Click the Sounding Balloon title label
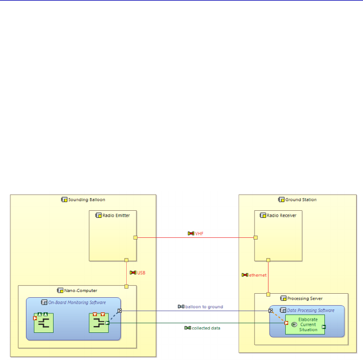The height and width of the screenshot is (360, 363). (x=86, y=200)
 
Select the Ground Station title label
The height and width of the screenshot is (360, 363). (x=300, y=200)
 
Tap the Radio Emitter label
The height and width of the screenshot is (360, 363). (x=115, y=215)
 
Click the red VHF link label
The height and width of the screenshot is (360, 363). (x=199, y=233)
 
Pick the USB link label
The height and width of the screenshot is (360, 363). (x=141, y=272)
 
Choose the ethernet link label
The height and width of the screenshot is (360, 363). (x=257, y=275)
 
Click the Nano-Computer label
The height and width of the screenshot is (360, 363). (x=80, y=290)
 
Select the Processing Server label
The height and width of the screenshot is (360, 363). (x=301, y=298)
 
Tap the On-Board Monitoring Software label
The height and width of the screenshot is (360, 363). (x=76, y=302)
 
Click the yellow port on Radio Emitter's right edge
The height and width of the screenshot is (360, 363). (x=135, y=237)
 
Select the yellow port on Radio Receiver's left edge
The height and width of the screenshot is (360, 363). (x=256, y=237)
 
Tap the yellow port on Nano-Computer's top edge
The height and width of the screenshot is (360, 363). (x=126, y=286)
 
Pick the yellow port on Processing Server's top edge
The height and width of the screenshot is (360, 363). (x=268, y=294)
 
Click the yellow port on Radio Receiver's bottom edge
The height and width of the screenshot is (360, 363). (x=268, y=260)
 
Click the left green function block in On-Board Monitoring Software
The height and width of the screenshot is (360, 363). (x=43, y=323)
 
